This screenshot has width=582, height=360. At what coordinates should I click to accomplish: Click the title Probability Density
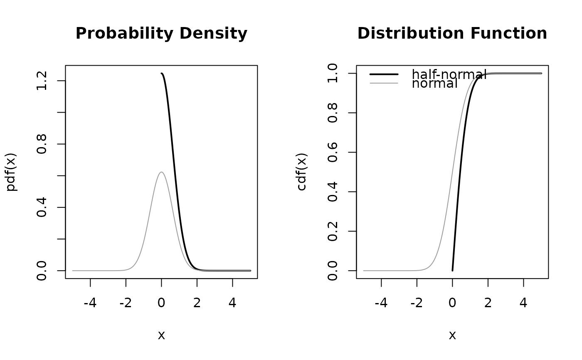(x=161, y=34)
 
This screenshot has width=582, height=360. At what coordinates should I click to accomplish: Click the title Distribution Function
(x=452, y=34)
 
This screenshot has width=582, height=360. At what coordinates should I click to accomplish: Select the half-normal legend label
(x=449, y=74)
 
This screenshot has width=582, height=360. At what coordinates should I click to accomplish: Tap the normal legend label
(x=434, y=84)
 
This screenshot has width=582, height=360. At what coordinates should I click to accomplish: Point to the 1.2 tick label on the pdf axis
(x=42, y=81)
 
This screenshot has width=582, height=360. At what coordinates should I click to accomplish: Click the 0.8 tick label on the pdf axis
(x=42, y=144)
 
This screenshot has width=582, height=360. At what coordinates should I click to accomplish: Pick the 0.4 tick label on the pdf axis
(x=42, y=207)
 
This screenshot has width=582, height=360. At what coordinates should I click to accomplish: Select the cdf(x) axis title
(x=302, y=172)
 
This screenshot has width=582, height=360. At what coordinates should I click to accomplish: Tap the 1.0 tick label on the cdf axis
(x=333, y=74)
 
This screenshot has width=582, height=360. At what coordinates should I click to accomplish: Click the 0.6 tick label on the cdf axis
(x=333, y=152)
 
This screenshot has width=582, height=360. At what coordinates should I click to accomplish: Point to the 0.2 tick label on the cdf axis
(x=333, y=231)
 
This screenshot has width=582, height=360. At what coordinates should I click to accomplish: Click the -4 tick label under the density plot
(x=90, y=303)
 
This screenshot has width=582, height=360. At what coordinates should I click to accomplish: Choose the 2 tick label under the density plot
(x=197, y=303)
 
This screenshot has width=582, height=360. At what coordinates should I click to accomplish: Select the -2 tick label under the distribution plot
(x=417, y=303)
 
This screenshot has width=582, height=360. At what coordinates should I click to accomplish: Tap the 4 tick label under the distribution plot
(x=523, y=303)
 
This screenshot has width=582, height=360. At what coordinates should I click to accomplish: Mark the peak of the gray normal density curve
(x=161, y=172)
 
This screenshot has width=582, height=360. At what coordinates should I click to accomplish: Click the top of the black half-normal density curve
(x=162, y=74)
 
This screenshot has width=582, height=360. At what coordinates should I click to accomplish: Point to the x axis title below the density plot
(x=161, y=335)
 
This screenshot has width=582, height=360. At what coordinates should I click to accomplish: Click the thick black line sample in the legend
(x=384, y=74)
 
